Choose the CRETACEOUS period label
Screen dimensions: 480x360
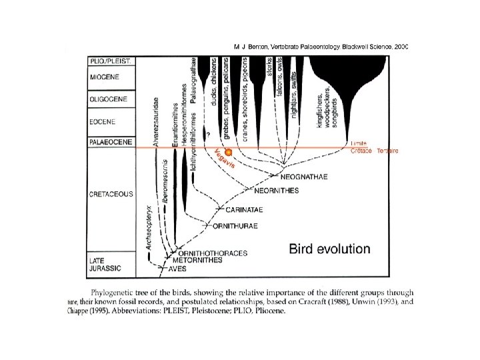pos(111,194)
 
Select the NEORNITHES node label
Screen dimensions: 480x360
pos(276,191)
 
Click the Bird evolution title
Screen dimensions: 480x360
pos(329,249)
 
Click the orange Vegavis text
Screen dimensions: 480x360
pos(225,159)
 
